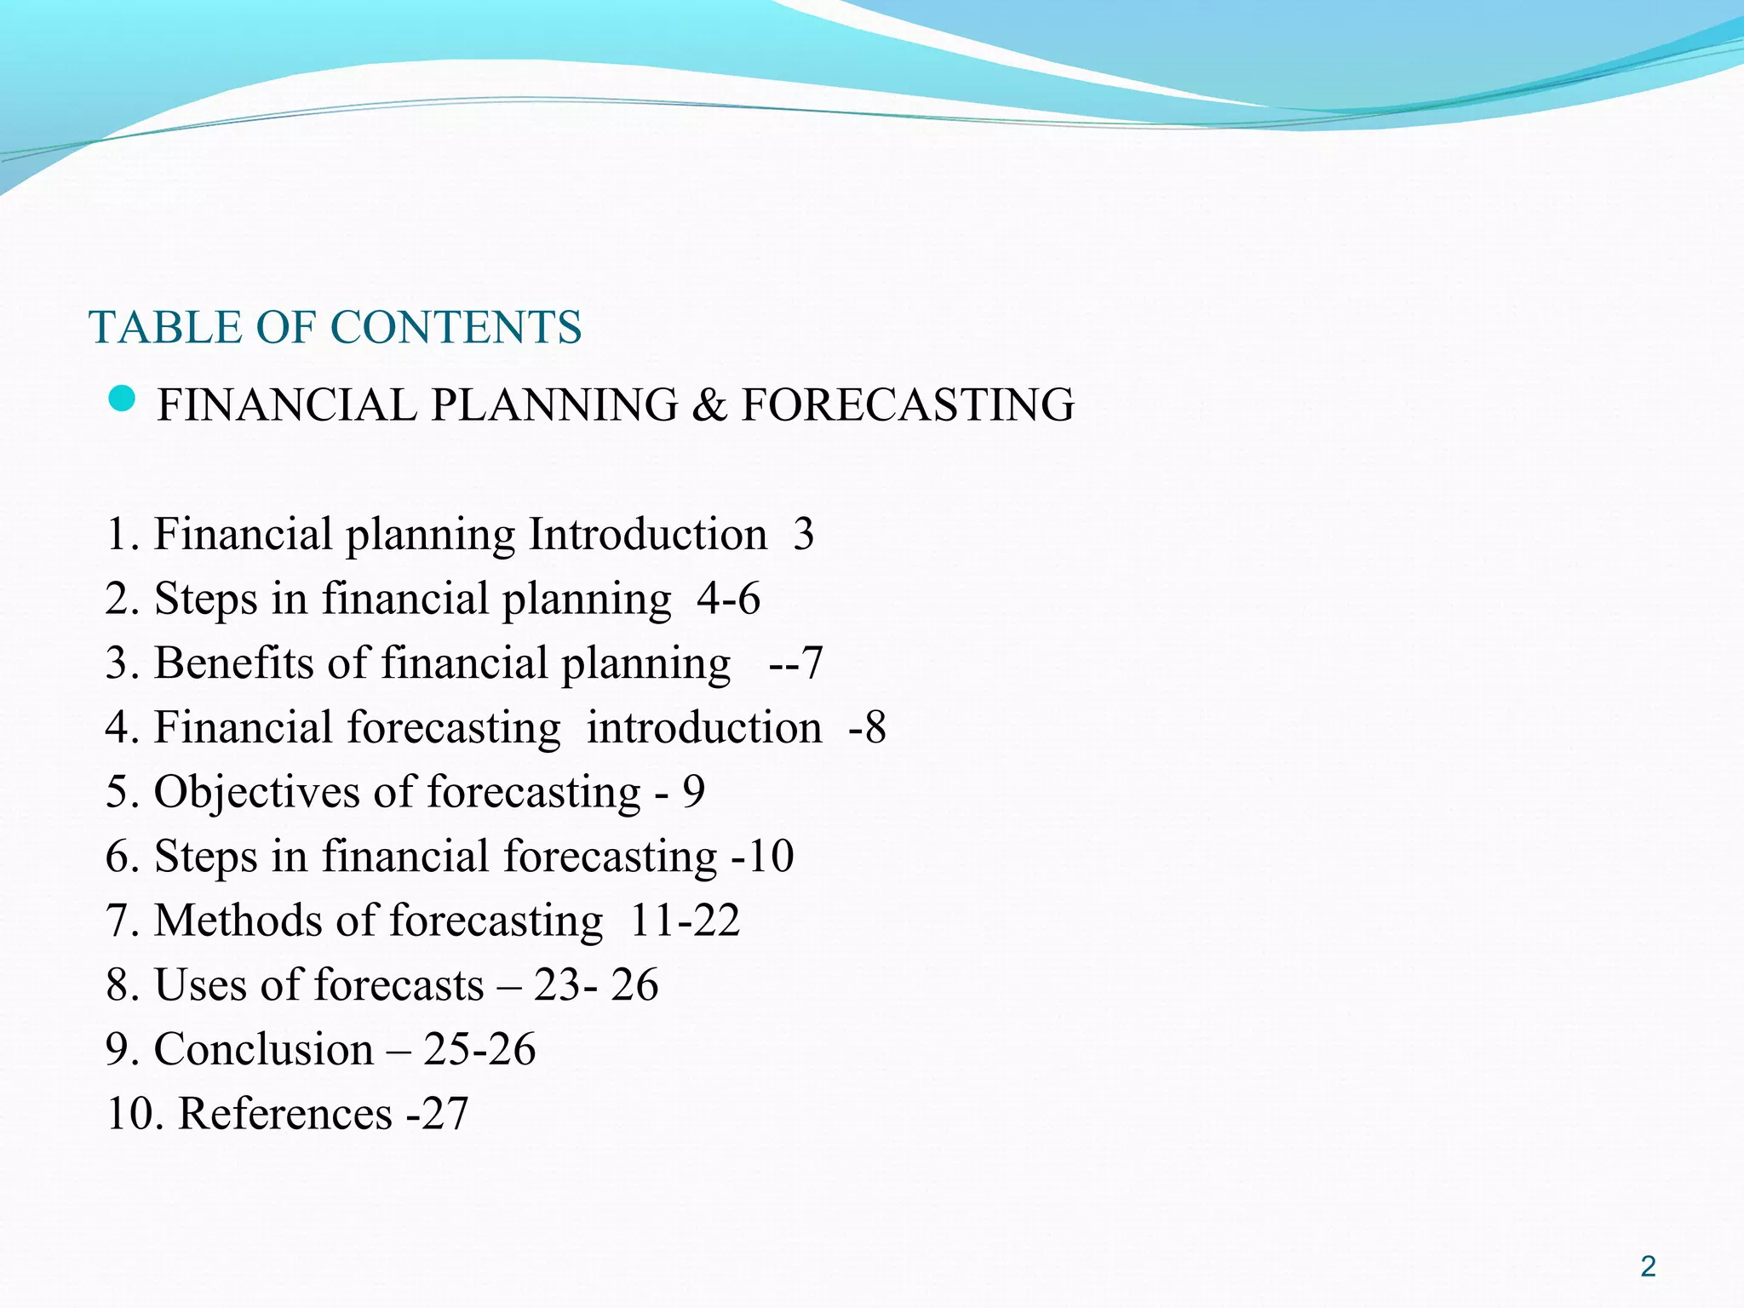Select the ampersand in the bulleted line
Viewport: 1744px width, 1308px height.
(x=709, y=405)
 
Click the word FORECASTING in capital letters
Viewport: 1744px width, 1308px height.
(x=908, y=405)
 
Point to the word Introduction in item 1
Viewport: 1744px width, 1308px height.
(x=648, y=535)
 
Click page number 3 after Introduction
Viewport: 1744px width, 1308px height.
(x=803, y=535)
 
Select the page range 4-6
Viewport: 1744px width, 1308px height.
(x=728, y=599)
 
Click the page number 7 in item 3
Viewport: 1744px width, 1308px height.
(x=812, y=663)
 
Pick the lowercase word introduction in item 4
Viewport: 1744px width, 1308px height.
(x=704, y=728)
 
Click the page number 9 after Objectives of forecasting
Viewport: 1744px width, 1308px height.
(x=693, y=792)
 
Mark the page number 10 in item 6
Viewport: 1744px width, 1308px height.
(x=771, y=856)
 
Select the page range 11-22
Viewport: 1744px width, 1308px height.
(x=685, y=921)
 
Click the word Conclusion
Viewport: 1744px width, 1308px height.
(x=264, y=1049)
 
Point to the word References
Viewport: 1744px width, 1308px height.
(x=285, y=1114)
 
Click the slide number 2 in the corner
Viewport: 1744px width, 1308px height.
(x=1648, y=1267)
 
